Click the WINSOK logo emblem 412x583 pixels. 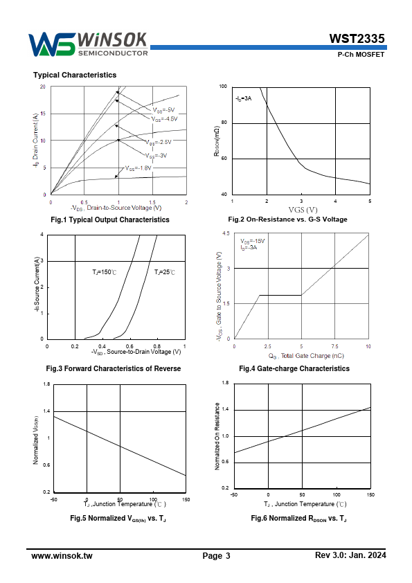click(52, 44)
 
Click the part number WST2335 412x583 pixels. click(357, 39)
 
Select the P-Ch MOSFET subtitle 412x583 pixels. click(361, 54)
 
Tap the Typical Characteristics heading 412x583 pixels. click(75, 75)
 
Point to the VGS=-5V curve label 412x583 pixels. click(163, 110)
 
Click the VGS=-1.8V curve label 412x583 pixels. click(138, 168)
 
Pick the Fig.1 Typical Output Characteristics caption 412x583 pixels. click(110, 219)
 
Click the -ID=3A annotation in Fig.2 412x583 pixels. click(244, 98)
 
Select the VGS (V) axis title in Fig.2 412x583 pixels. click(303, 210)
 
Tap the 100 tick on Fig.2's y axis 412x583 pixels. click(223, 87)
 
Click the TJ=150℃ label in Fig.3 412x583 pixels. click(105, 272)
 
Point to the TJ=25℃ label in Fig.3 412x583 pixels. click(165, 272)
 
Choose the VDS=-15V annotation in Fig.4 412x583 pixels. click(253, 241)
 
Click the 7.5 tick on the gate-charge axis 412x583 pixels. click(334, 346)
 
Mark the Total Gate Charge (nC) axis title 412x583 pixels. click(306, 356)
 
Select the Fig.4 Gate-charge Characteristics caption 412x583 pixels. click(294, 368)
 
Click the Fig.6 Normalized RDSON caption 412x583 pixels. click(299, 519)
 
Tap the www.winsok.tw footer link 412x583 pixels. click(62, 556)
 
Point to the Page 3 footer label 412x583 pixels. click(217, 556)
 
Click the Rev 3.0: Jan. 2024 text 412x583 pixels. click(350, 555)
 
